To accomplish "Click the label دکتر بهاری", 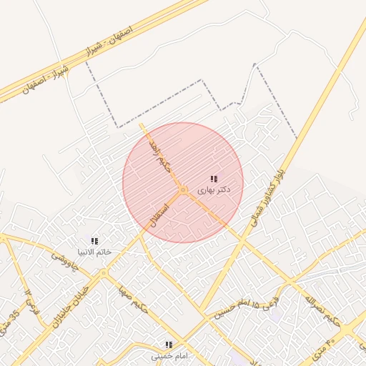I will click(x=214, y=190).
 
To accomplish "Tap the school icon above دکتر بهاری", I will click(x=214, y=179).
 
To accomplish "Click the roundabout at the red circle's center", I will click(x=184, y=190).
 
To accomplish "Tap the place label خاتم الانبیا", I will click(x=94, y=252).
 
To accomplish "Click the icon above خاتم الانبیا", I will click(x=94, y=241).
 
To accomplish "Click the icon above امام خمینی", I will click(x=169, y=345).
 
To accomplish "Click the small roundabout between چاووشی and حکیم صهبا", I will click(x=104, y=273).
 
